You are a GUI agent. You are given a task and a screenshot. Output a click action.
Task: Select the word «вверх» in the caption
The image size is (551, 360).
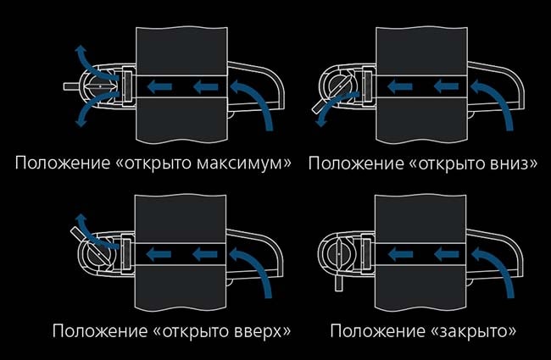pyautogui.click(x=256, y=330)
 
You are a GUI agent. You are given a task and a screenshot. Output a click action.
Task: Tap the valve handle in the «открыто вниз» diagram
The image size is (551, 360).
pyautogui.click(x=319, y=107)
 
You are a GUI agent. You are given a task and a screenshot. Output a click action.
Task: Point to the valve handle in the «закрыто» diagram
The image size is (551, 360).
pyautogui.click(x=337, y=279)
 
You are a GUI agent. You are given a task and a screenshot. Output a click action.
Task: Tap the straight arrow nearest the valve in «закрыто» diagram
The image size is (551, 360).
pyautogui.click(x=402, y=252)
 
